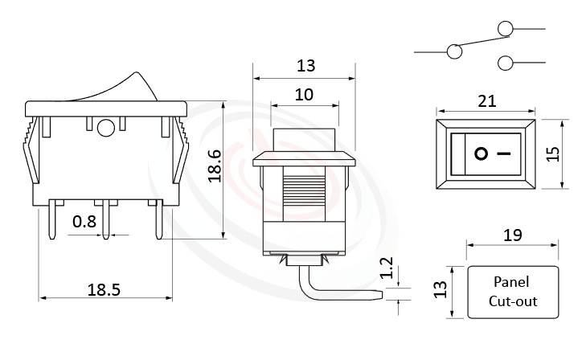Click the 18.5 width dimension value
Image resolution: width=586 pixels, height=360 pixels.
(104, 290)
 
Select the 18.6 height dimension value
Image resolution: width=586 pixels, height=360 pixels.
(215, 166)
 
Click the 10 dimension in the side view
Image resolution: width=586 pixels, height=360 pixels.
(304, 94)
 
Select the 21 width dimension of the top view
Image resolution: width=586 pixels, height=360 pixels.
(486, 100)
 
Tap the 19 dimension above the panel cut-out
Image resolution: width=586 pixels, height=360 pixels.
(512, 235)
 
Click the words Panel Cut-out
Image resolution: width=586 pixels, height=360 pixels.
(513, 292)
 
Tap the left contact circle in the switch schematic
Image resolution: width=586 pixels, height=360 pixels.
(454, 52)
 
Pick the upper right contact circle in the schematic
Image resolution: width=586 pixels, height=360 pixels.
(506, 30)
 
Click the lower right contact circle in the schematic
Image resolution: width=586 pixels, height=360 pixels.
(506, 63)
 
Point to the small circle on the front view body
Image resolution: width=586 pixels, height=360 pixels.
(104, 127)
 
